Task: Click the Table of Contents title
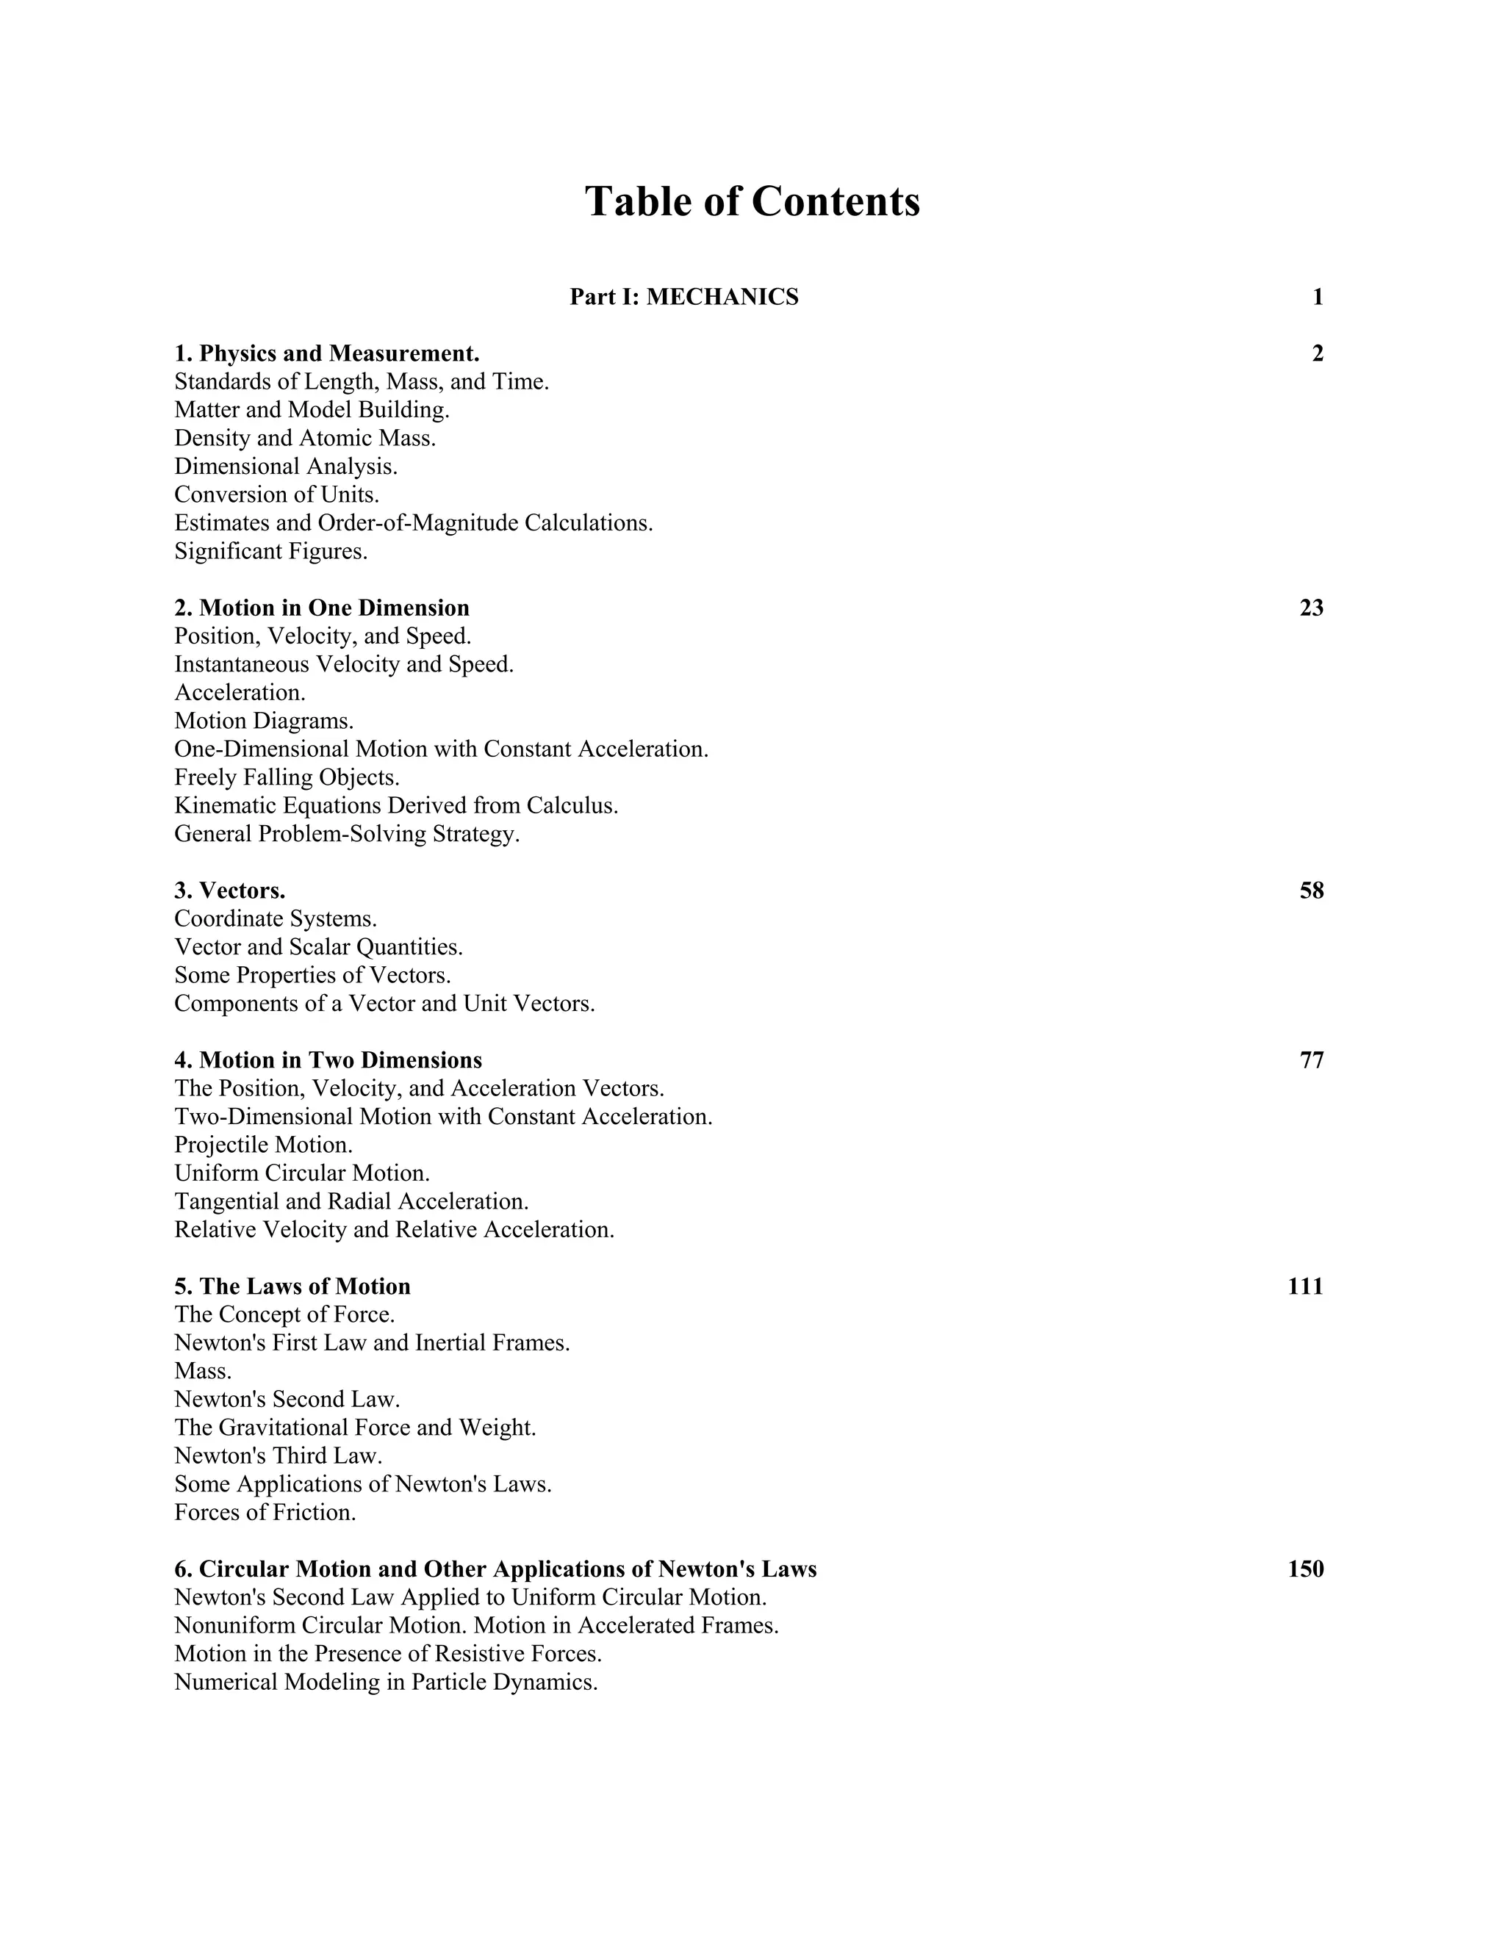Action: [752, 201]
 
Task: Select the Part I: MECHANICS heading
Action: [684, 297]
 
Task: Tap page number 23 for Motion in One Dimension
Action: [1311, 608]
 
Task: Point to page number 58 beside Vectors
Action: [1311, 890]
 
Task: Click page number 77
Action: [1311, 1060]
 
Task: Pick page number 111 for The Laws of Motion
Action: [1305, 1286]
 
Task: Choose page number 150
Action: [1305, 1569]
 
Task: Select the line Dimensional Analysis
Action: [285, 467]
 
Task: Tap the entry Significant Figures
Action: [271, 551]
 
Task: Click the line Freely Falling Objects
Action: [287, 777]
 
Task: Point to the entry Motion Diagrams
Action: [264, 720]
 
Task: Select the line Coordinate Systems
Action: [276, 918]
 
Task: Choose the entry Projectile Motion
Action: [263, 1145]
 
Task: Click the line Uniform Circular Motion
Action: [302, 1173]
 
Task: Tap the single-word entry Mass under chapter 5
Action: [202, 1371]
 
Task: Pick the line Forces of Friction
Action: [265, 1513]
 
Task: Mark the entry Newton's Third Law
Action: [279, 1455]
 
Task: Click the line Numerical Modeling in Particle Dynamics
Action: [385, 1683]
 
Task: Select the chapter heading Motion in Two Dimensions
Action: [328, 1060]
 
